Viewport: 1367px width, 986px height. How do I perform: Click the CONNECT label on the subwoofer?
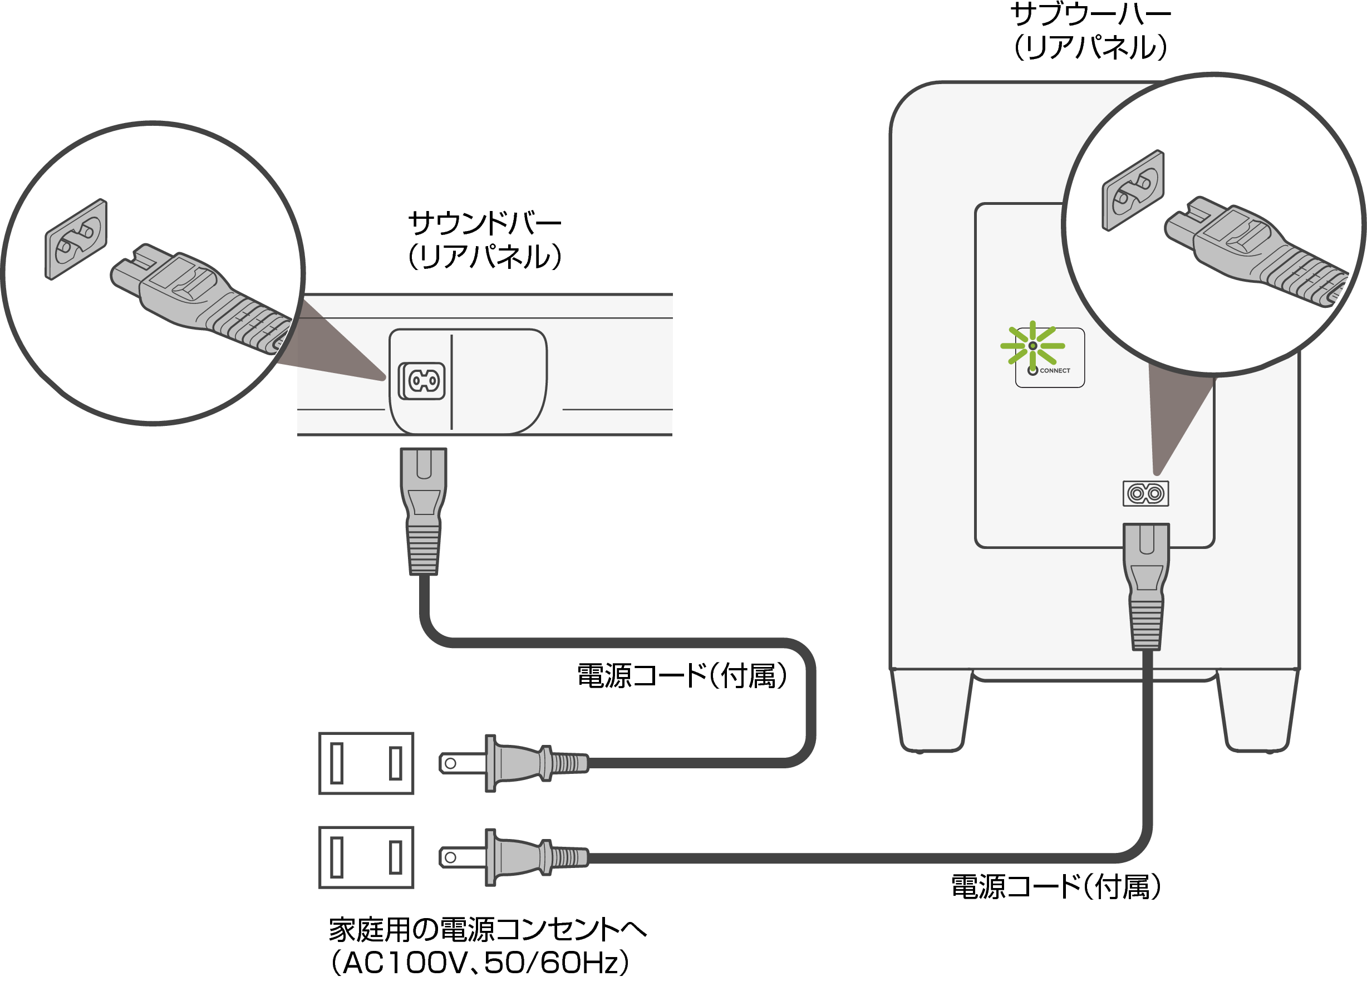(x=1054, y=370)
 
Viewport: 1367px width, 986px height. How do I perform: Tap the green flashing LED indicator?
(x=1032, y=346)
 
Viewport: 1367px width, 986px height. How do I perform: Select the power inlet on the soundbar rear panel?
(x=423, y=380)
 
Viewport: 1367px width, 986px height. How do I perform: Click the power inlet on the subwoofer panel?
(x=1145, y=493)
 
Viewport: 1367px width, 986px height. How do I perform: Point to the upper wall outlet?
(x=366, y=763)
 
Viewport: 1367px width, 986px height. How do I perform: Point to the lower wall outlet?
(x=366, y=857)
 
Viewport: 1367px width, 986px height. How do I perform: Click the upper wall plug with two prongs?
(x=512, y=763)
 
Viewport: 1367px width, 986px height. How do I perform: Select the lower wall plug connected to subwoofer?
(x=512, y=857)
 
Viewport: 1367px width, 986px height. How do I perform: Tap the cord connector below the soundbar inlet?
(x=424, y=510)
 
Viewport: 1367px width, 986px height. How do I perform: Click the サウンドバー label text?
(x=485, y=224)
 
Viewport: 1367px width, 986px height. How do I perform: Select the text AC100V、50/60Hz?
(x=480, y=963)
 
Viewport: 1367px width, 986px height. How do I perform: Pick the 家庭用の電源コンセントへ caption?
(x=487, y=929)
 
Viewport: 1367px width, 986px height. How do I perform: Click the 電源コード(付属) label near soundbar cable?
(x=682, y=675)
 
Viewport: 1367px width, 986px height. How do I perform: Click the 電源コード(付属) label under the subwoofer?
(x=1055, y=887)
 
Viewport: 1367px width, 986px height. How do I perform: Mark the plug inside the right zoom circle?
(x=1253, y=251)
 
